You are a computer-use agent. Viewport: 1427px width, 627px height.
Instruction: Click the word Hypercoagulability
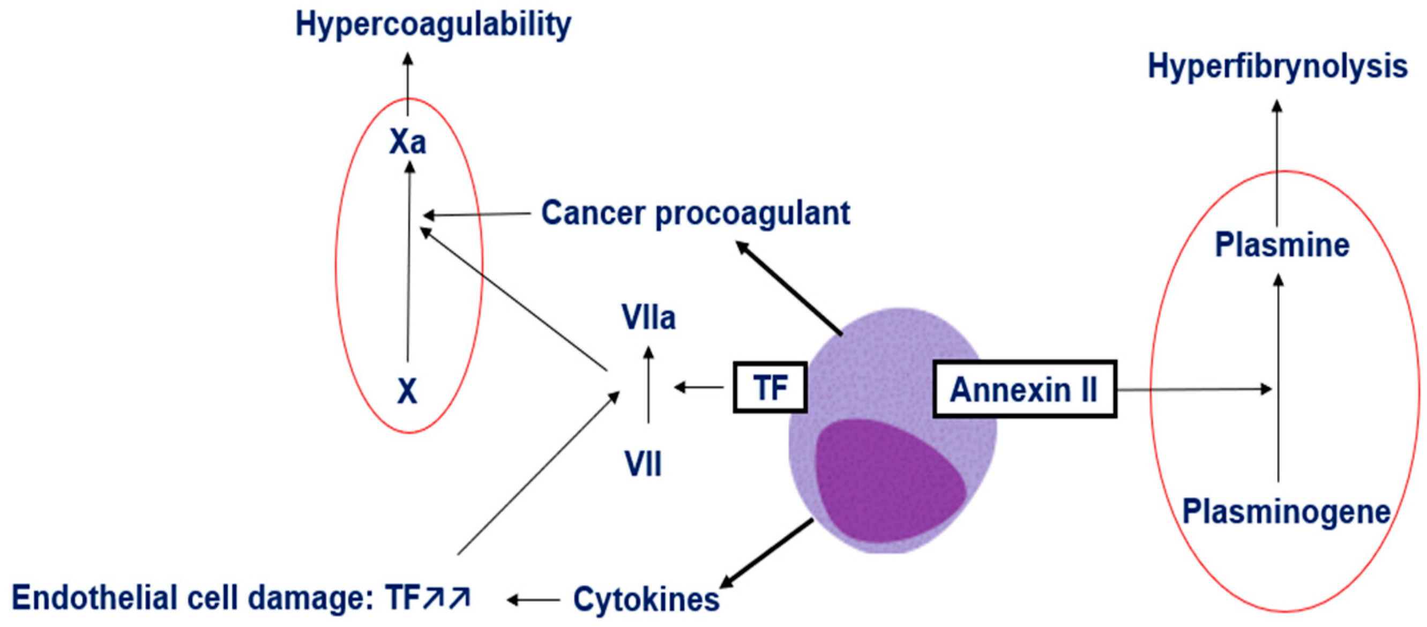(x=433, y=26)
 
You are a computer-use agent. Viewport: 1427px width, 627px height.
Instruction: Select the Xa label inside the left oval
(x=408, y=142)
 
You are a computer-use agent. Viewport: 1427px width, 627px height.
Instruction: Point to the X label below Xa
(x=407, y=391)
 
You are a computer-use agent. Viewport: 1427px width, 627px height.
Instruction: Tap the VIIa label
(x=648, y=318)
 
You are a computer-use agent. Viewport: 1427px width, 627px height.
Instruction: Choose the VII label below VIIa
(x=642, y=464)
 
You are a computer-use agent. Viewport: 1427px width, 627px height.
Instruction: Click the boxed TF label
(x=770, y=387)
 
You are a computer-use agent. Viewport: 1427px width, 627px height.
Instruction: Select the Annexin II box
(x=1025, y=389)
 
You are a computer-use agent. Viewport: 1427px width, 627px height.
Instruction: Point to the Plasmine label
(x=1282, y=245)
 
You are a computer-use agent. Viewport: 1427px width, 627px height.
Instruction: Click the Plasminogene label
(x=1286, y=512)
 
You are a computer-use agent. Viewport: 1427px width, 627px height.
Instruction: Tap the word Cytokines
(x=646, y=599)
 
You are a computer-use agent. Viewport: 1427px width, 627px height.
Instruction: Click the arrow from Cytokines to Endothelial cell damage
(x=533, y=599)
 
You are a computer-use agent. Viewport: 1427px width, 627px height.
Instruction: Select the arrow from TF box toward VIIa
(x=699, y=387)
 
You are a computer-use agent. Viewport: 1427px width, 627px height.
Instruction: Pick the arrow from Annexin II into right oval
(x=1194, y=390)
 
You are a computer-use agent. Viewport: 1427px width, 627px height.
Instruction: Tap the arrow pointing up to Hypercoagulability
(x=408, y=84)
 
